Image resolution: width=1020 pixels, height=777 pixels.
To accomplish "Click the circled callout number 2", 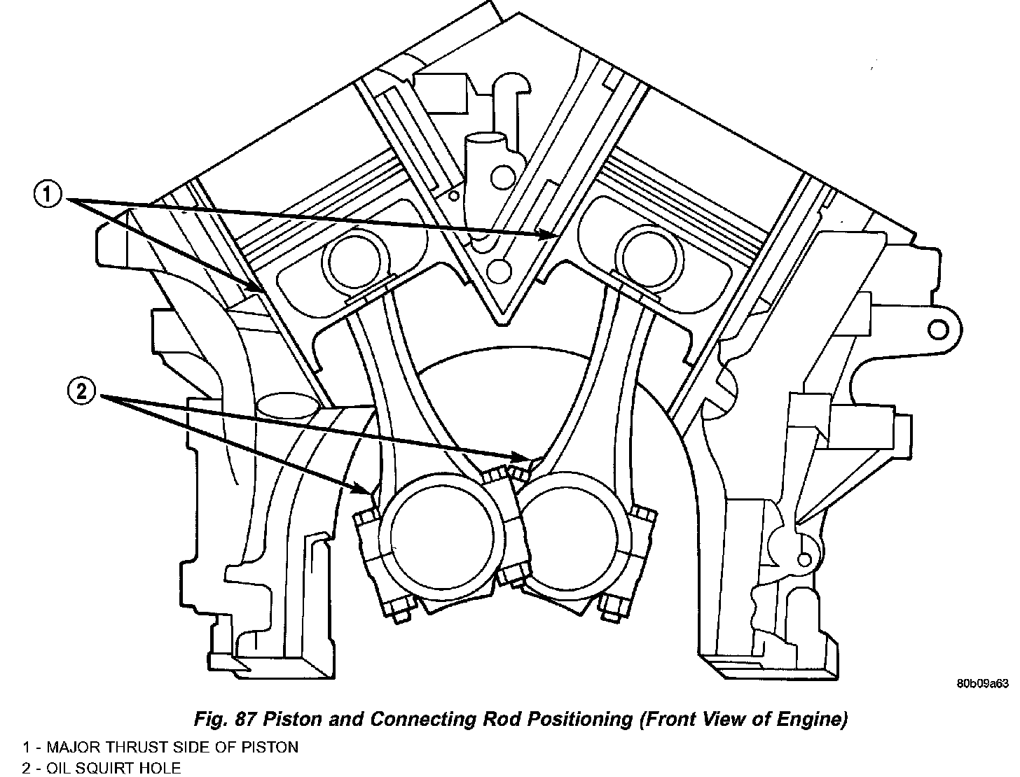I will pos(81,391).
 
